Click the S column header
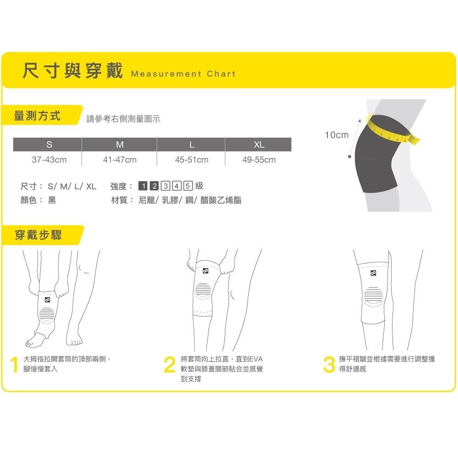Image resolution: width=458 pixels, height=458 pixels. (49, 144)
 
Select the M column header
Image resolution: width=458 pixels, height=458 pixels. (120, 144)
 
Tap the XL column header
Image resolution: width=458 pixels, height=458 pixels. (259, 144)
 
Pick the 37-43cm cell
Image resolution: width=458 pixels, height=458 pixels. (49, 160)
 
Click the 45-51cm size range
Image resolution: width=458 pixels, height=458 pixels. (191, 160)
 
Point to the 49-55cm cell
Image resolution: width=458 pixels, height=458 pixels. (259, 160)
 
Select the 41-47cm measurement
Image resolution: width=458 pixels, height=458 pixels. (120, 160)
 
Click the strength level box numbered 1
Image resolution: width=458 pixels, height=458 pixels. (143, 186)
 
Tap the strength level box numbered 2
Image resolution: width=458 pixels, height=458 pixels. (154, 186)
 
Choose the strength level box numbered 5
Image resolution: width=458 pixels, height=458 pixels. (188, 186)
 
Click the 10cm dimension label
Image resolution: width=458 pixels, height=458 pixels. (337, 135)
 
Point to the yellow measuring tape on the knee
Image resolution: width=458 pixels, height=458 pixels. (392, 130)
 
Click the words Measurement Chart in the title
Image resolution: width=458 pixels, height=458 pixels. (183, 74)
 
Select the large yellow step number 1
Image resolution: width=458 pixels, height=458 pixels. (14, 365)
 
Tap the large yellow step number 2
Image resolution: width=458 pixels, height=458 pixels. (170, 365)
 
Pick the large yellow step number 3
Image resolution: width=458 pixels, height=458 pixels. (329, 365)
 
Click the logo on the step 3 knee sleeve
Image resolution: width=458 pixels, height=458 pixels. (373, 273)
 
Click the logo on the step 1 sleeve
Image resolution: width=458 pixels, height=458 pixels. (47, 300)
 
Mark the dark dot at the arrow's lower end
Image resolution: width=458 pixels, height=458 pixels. (349, 157)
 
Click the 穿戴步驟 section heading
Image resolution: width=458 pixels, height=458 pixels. (38, 235)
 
